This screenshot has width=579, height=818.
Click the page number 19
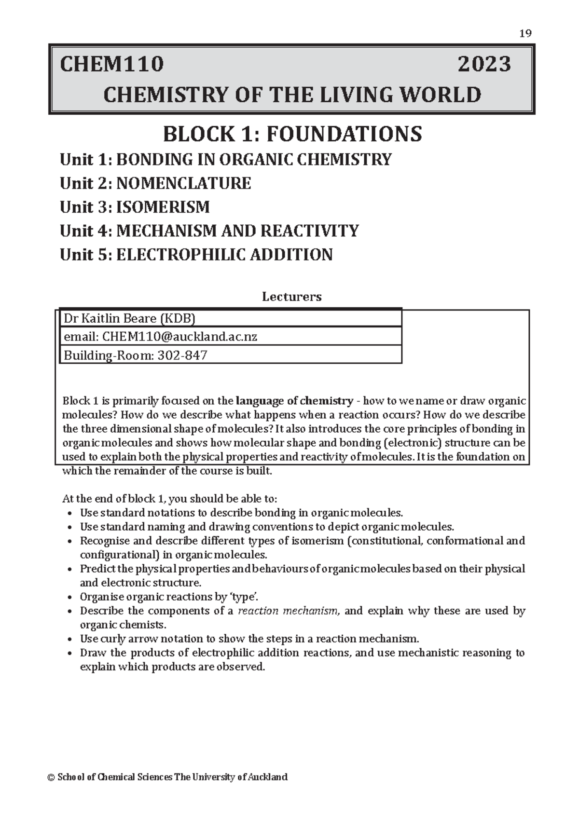pyautogui.click(x=525, y=33)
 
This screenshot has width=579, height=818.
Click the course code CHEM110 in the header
pyautogui.click(x=111, y=64)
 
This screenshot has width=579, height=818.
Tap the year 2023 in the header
pyautogui.click(x=484, y=64)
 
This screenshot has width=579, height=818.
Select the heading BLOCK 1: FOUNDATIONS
pyautogui.click(x=292, y=134)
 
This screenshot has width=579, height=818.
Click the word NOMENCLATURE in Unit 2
pyautogui.click(x=183, y=183)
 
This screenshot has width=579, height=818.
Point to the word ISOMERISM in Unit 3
pyautogui.click(x=163, y=207)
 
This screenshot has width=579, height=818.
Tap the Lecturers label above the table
pyautogui.click(x=291, y=297)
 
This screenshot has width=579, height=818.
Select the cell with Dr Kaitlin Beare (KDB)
pyautogui.click(x=130, y=318)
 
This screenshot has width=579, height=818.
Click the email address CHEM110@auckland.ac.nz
pyautogui.click(x=179, y=337)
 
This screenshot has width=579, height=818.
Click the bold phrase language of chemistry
pyautogui.click(x=294, y=401)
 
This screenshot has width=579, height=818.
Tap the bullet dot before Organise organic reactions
pyautogui.click(x=71, y=598)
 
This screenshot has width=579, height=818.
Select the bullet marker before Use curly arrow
pyautogui.click(x=71, y=640)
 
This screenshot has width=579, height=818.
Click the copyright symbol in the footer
pyautogui.click(x=51, y=777)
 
